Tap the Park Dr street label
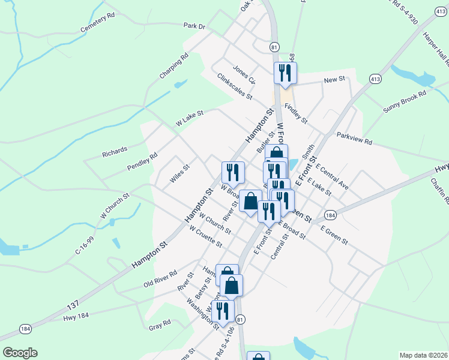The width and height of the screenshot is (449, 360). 194,26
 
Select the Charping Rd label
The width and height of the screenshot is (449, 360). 174,66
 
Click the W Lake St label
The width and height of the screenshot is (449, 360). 190,117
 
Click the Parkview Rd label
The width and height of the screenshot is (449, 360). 354,138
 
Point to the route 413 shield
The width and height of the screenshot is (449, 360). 375,79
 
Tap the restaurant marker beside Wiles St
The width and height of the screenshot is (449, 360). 232,172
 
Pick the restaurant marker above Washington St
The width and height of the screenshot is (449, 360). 222,310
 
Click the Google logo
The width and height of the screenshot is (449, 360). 20,352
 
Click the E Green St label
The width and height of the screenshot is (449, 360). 334,235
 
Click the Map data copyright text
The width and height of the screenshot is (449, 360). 423,355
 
